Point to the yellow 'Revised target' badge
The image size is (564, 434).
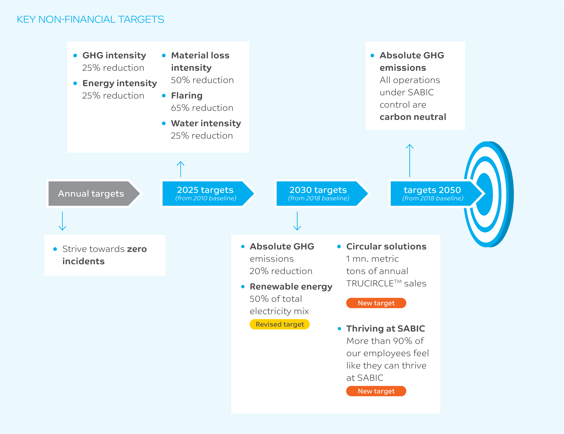pyautogui.click(x=280, y=324)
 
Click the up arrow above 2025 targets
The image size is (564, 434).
pyautogui.click(x=181, y=169)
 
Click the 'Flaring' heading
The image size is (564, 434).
pyautogui.click(x=187, y=96)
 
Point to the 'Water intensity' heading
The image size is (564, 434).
pyautogui.click(x=206, y=123)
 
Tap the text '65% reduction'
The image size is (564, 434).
pyautogui.click(x=202, y=108)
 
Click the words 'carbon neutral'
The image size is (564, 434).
pyautogui.click(x=413, y=117)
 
